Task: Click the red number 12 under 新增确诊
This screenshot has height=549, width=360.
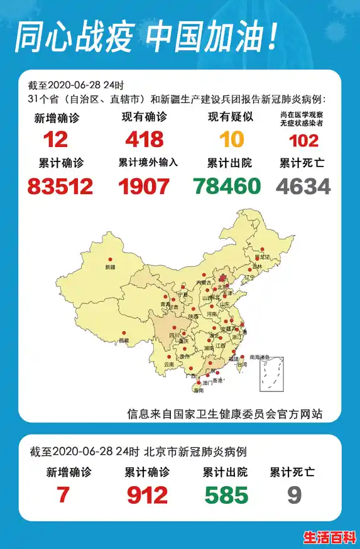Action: [x=56, y=138]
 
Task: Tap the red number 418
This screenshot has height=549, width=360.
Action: [x=145, y=138]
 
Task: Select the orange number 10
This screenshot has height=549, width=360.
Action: [x=231, y=138]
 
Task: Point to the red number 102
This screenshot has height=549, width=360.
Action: [x=303, y=139]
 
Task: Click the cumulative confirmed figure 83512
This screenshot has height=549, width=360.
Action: [x=60, y=186]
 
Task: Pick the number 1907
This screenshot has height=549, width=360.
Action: [x=145, y=186]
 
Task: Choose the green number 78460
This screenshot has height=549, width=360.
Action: [x=227, y=186]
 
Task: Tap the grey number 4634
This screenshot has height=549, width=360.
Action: [x=303, y=186]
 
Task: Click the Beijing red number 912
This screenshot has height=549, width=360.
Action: [x=147, y=496]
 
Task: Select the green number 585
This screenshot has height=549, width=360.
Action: [x=227, y=496]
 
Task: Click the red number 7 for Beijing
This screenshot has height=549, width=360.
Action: [x=63, y=496]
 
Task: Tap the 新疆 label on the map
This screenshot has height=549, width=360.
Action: [x=110, y=268]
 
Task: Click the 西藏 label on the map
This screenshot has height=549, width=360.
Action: [x=124, y=340]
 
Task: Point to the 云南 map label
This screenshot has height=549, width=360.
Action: [x=168, y=364]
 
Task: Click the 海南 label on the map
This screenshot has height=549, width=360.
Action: [x=199, y=391]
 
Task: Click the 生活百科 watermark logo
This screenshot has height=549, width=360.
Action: [x=330, y=538]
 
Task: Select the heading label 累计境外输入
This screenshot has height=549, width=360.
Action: [x=148, y=163]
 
